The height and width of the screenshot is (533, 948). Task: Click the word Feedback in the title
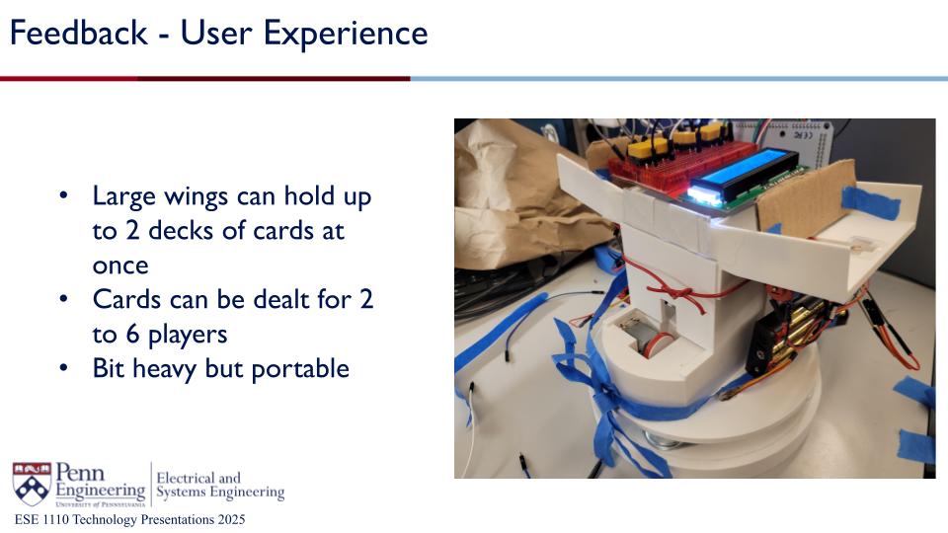pos(79,33)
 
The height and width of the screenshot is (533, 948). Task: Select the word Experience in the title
pos(346,35)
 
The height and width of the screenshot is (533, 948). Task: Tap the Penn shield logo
pos(32,484)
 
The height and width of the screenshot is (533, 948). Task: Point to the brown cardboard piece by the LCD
pos(806,194)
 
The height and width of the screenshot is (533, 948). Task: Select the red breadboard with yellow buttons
pos(680,160)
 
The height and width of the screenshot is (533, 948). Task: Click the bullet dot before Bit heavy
pos(63,367)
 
